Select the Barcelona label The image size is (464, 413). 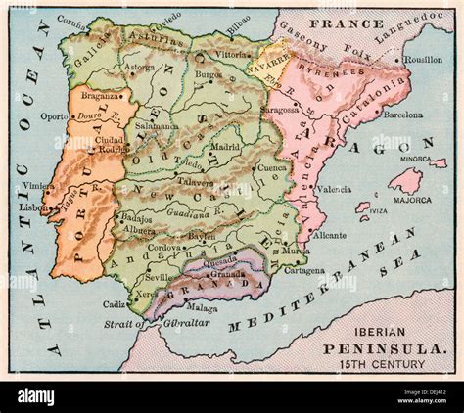402,115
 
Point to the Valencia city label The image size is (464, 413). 335,189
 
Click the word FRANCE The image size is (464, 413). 335,21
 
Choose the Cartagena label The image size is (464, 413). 304,269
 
